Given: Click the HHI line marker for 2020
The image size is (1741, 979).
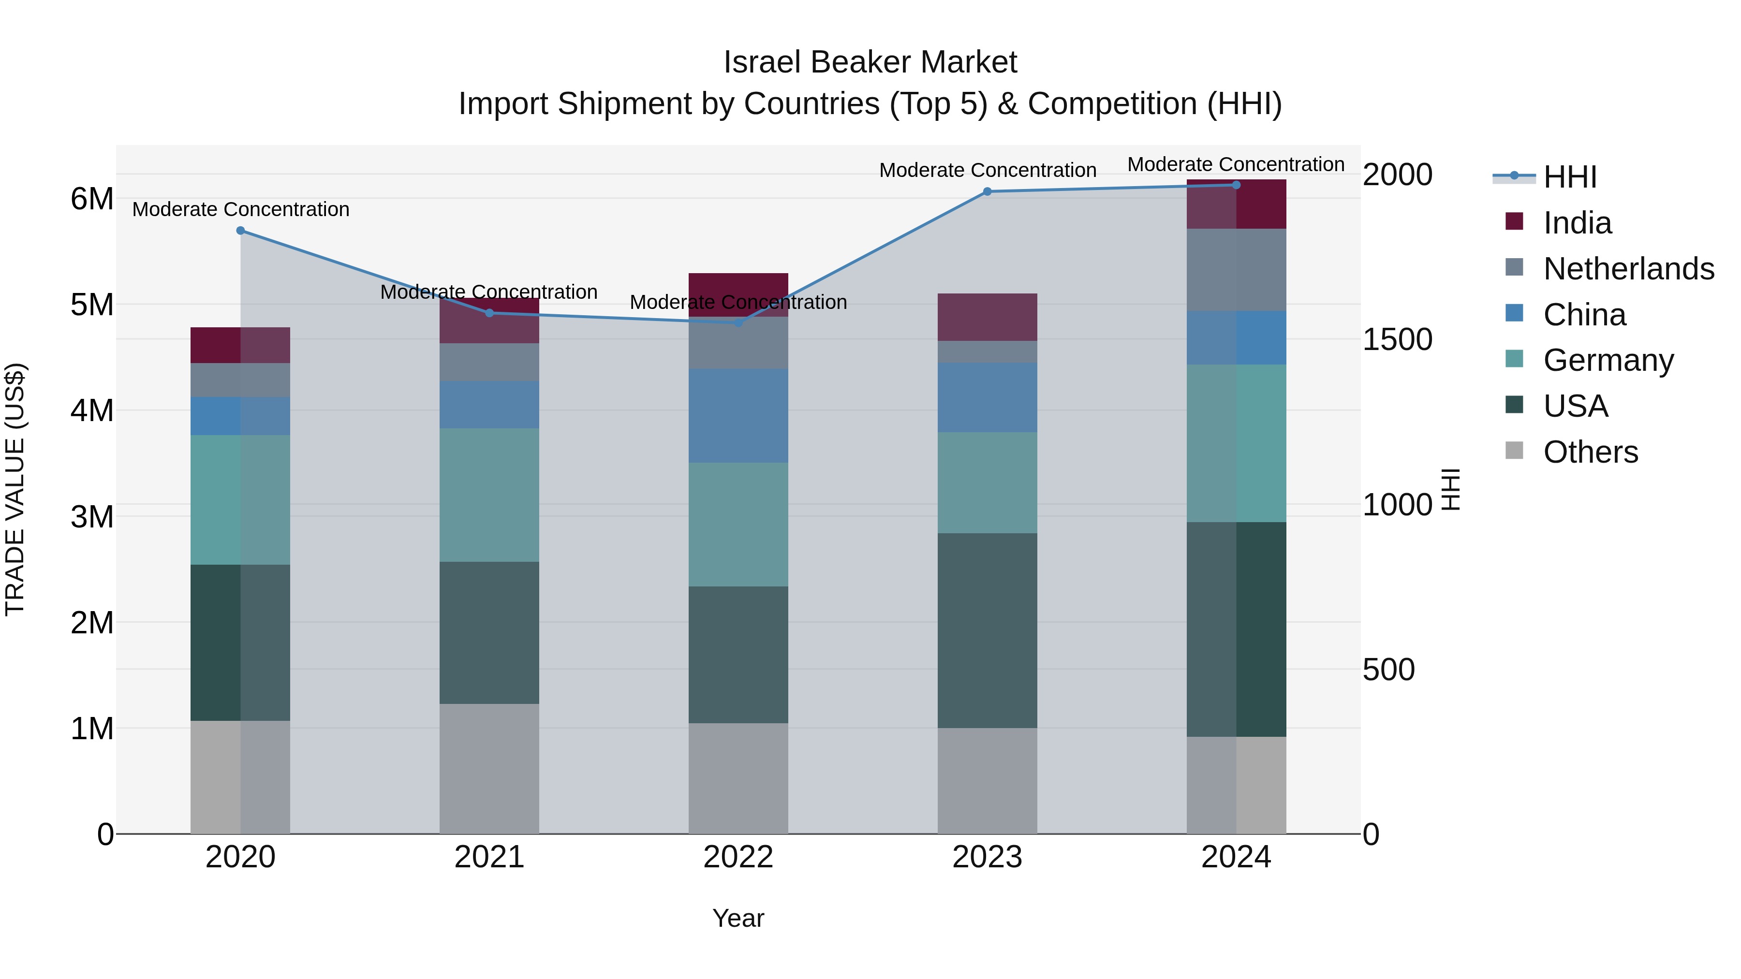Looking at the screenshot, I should [241, 231].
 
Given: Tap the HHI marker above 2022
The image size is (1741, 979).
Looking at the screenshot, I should [738, 323].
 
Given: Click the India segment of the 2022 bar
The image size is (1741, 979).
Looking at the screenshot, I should [738, 287].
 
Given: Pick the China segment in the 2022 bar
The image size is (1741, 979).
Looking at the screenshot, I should [738, 415].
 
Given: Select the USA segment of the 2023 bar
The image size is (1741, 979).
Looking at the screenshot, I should [988, 630].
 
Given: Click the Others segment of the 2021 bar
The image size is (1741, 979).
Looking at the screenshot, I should [489, 769].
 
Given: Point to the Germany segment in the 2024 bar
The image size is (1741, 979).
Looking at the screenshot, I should [1236, 443].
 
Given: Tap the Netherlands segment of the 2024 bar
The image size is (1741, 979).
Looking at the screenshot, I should [1236, 270].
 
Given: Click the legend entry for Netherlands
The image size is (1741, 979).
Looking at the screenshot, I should [1628, 269].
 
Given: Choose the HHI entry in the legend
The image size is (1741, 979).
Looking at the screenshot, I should [1569, 177].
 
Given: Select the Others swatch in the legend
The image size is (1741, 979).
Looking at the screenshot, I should [1515, 451].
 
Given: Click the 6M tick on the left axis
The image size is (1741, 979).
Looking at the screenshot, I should [92, 199].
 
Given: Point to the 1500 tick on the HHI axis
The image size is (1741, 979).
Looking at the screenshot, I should [1397, 339].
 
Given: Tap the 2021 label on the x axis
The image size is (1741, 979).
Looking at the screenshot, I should [489, 857].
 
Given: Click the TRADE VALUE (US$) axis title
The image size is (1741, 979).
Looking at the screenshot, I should [15, 489].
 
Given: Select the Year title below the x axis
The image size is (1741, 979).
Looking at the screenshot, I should [738, 918].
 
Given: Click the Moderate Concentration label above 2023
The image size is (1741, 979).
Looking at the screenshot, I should [988, 170].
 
